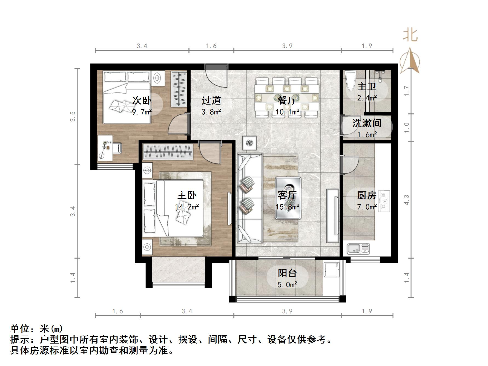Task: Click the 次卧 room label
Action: (x=142, y=100)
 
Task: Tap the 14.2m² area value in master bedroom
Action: (x=187, y=207)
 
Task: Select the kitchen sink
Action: (x=358, y=249)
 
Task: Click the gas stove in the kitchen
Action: (x=384, y=201)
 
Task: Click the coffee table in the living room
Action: (x=288, y=198)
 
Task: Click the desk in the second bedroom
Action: (x=105, y=148)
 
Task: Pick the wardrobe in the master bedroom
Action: (x=168, y=151)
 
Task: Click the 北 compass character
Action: (x=410, y=35)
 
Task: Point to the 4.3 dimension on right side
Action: (x=406, y=200)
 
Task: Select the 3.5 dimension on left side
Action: (x=73, y=116)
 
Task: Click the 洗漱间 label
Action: (x=367, y=123)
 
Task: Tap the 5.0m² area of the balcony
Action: (x=287, y=285)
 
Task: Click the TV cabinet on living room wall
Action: (x=332, y=216)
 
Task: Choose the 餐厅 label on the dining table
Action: (x=287, y=100)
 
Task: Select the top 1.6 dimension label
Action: (x=211, y=46)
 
